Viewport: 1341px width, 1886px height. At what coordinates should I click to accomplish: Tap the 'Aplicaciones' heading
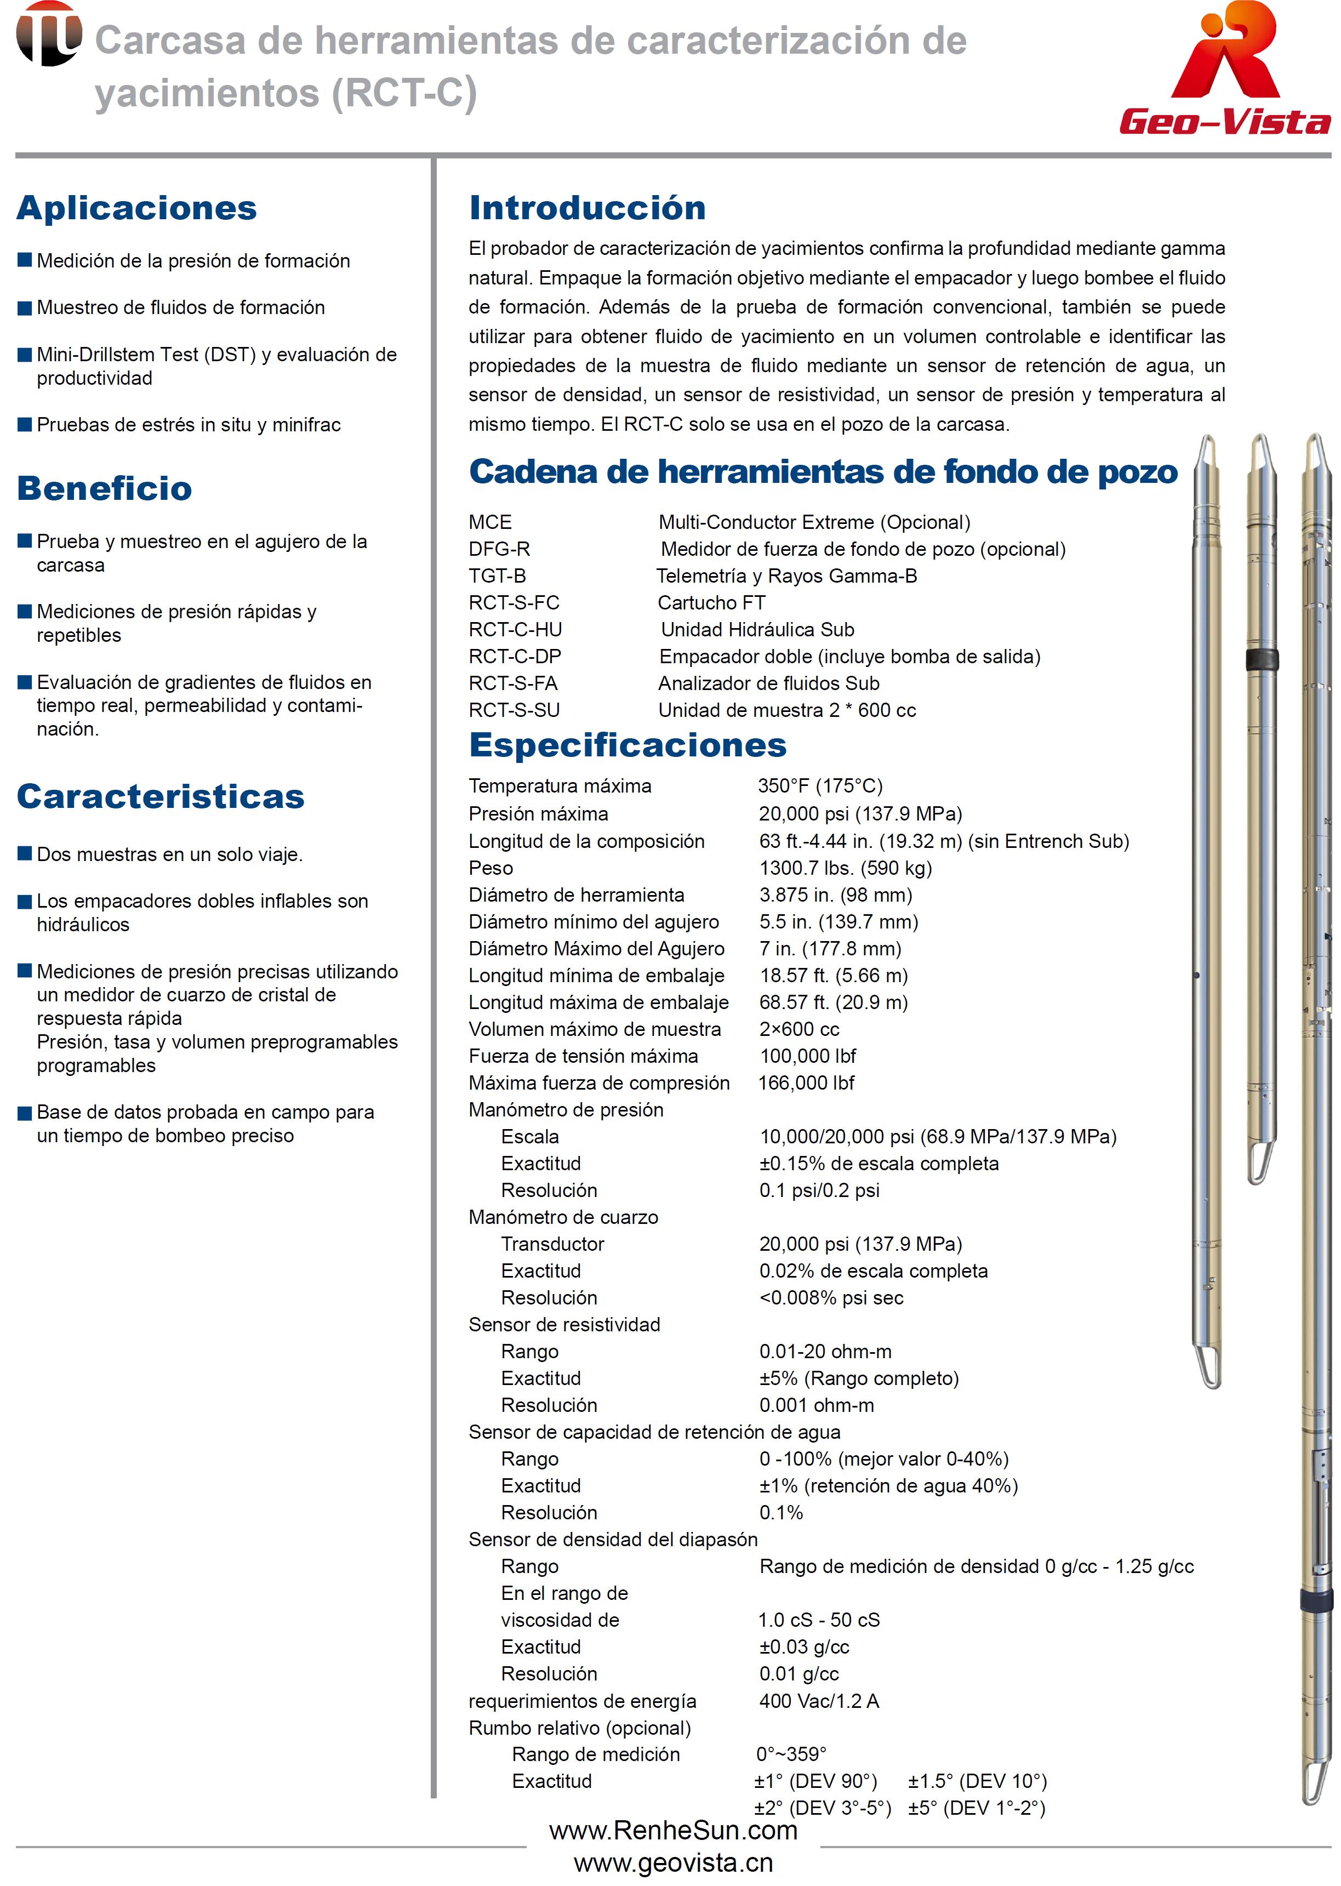click(x=137, y=208)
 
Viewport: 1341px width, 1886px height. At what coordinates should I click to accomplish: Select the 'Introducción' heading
click(x=587, y=208)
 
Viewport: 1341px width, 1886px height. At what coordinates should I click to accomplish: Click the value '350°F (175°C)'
click(x=820, y=785)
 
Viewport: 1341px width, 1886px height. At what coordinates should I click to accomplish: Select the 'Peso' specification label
click(x=490, y=868)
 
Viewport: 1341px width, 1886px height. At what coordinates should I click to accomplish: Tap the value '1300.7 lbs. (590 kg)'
click(x=844, y=868)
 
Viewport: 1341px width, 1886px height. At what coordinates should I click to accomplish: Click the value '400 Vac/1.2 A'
click(x=818, y=1701)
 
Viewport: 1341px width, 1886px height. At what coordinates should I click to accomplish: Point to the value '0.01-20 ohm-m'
click(x=825, y=1352)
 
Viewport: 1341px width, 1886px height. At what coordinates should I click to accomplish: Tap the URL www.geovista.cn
click(x=673, y=1863)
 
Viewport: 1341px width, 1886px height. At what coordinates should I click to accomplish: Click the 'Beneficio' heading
click(x=105, y=489)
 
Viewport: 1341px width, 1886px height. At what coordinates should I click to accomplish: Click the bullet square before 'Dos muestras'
click(x=25, y=854)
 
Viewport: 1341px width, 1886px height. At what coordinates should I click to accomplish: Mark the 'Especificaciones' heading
click(x=627, y=745)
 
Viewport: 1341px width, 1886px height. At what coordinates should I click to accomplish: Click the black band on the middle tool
click(x=1261, y=659)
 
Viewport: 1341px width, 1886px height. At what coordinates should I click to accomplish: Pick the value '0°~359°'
click(x=791, y=1754)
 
